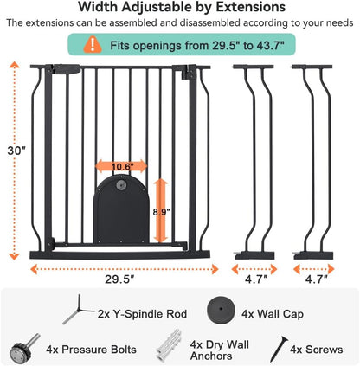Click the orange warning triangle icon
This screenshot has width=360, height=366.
click(x=93, y=45)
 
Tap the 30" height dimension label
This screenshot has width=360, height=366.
click(x=16, y=151)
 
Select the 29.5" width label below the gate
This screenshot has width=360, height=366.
click(x=119, y=279)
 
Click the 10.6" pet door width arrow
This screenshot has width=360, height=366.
click(x=121, y=166)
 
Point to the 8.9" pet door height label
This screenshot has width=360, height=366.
click(x=161, y=212)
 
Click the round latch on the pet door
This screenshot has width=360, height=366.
click(x=121, y=185)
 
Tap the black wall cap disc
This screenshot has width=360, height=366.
click(x=221, y=311)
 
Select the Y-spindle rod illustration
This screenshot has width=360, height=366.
click(x=77, y=311)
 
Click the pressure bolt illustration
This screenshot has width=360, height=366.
click(x=25, y=348)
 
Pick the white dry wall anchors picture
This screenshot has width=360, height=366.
click(x=169, y=345)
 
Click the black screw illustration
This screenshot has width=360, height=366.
click(x=279, y=349)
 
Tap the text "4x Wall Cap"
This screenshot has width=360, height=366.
click(x=273, y=314)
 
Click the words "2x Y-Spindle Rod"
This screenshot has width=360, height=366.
click(x=142, y=314)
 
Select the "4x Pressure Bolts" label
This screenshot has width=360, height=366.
click(x=91, y=350)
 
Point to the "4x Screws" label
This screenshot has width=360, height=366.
click(x=317, y=350)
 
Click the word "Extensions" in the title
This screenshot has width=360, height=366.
click(x=251, y=7)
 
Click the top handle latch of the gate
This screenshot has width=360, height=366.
click(x=66, y=69)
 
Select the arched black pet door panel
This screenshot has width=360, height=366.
click(x=121, y=209)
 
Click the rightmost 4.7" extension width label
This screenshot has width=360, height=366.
click(x=316, y=279)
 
